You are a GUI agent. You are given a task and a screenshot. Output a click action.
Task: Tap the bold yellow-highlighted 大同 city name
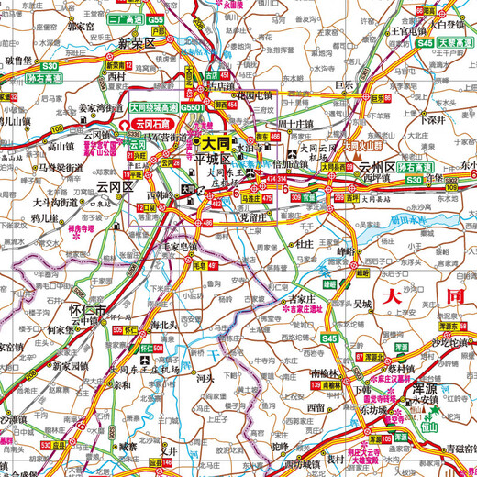coord(216,142)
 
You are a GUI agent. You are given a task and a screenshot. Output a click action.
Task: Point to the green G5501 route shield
coord(193,107)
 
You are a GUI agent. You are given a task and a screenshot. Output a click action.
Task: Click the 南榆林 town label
coord(327,373)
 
